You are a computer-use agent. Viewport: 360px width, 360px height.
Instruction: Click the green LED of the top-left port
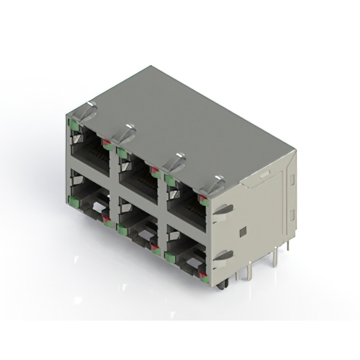point(74,125)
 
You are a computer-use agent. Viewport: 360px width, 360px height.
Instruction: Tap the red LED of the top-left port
point(106,145)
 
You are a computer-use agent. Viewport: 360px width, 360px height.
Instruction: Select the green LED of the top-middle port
point(121,150)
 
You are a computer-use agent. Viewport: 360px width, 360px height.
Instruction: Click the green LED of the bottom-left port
point(73,200)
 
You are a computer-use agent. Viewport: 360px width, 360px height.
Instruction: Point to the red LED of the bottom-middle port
point(155,248)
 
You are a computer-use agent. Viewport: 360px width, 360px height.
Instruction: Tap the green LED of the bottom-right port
point(170,257)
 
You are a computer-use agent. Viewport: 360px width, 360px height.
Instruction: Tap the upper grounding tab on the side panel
point(223,209)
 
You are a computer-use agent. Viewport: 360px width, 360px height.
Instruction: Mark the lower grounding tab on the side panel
point(223,255)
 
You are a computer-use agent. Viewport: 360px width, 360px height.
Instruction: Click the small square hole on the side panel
point(242,231)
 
